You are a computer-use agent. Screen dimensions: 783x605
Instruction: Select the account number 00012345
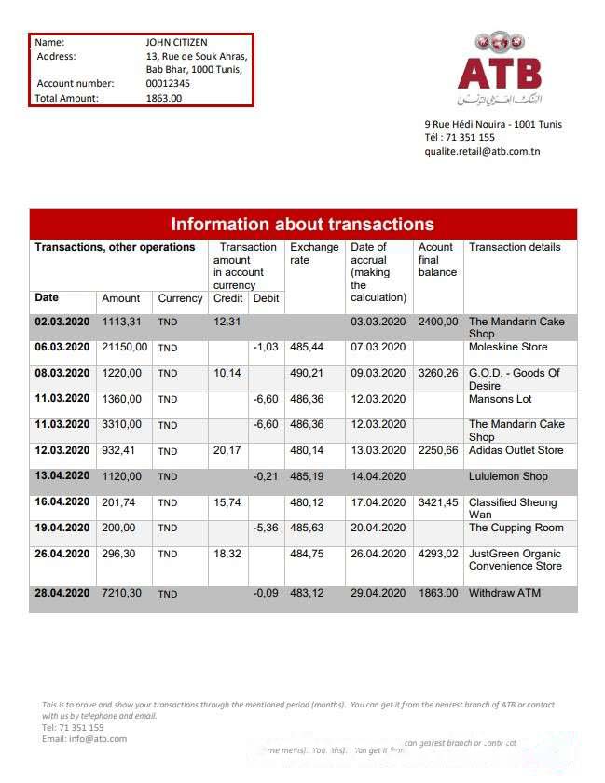pos(168,84)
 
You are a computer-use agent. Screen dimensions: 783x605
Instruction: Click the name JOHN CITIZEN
pos(176,42)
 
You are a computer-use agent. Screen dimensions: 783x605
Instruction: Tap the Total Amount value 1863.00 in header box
pos(164,98)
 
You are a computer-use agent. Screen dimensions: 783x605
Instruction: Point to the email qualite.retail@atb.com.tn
pos(482,151)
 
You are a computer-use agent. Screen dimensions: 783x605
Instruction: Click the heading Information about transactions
pos(302,225)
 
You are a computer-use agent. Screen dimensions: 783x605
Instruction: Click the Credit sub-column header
pos(227,298)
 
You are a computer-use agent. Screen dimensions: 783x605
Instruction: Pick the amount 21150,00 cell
pos(124,347)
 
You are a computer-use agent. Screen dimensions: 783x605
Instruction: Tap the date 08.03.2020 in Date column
pos(62,373)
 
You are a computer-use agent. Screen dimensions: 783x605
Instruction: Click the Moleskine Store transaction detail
pos(508,347)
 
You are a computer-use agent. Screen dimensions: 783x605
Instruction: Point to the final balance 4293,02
pos(438,554)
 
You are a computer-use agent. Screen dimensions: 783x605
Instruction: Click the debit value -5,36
pos(266,528)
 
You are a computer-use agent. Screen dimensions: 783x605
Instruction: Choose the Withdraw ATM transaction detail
pos(504,593)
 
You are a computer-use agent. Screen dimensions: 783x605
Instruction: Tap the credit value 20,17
pos(227,450)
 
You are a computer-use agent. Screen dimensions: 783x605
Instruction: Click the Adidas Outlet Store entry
pos(516,450)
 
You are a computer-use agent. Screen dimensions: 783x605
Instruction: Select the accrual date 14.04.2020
pos(378,476)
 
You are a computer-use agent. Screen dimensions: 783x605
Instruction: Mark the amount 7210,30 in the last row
pos(121,593)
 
